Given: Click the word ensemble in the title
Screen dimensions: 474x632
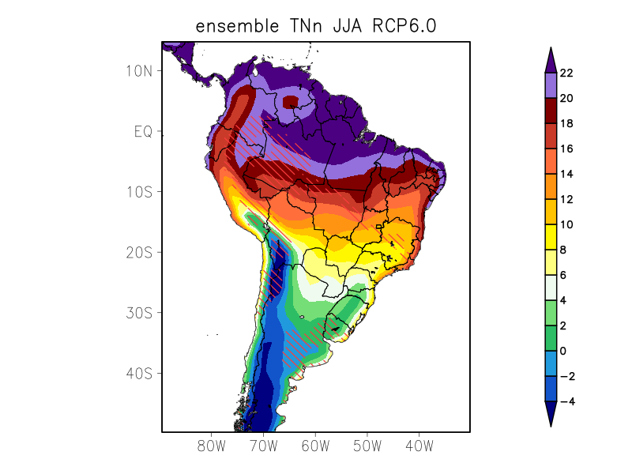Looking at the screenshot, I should point(233,27).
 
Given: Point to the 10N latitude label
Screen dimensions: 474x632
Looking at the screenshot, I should point(139,70).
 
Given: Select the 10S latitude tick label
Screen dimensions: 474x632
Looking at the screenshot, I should point(139,192).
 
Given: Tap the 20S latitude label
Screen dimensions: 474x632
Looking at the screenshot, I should point(139,252).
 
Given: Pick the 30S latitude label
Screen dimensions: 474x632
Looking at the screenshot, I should point(139,313).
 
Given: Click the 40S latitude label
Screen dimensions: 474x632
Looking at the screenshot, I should point(139,373).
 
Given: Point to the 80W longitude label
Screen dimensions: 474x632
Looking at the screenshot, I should point(212,446).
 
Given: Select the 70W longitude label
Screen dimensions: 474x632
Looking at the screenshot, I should point(264,446).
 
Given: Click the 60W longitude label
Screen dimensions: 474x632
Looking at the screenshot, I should point(315,446).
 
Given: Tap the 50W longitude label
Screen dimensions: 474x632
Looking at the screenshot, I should point(367,446).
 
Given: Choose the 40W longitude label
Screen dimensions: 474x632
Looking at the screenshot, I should point(419,446).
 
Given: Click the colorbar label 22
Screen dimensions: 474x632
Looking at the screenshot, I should point(566,73).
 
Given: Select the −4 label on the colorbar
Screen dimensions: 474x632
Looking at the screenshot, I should point(566,402).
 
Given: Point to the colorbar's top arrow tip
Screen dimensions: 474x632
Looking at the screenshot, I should point(551,48).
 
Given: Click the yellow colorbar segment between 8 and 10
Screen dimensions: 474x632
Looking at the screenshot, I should point(551,237).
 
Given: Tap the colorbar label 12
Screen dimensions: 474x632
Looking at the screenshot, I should point(566,200).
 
